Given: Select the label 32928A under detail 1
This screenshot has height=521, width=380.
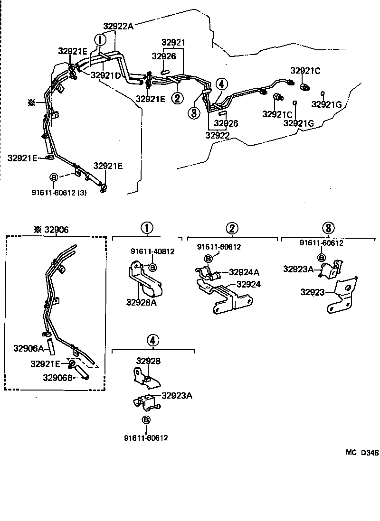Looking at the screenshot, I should click(x=141, y=302).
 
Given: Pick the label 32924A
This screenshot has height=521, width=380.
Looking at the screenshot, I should click(x=244, y=272).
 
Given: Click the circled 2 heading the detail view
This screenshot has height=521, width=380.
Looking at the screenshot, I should click(x=232, y=229).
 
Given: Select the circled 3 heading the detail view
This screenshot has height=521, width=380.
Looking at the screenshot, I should click(x=328, y=228).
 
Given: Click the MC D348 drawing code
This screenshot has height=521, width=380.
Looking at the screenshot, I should click(x=361, y=453).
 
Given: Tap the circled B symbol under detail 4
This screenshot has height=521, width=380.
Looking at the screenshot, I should click(x=146, y=420).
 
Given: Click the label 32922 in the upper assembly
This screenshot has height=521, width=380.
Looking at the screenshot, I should click(x=218, y=135).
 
